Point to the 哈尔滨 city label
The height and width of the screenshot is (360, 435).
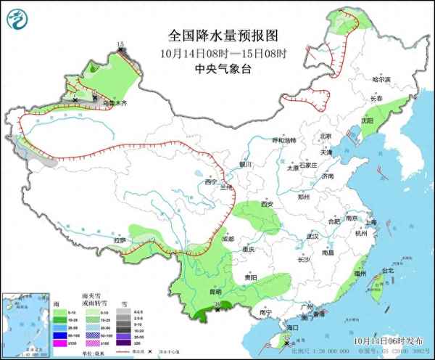pos(381,79)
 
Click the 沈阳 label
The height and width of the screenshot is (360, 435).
pos(369,121)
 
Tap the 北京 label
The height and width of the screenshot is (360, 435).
pos(326,136)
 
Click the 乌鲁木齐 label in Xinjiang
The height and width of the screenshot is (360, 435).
pos(115,105)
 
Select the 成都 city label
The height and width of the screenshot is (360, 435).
pos(228,238)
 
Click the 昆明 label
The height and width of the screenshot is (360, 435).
pos(215,292)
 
